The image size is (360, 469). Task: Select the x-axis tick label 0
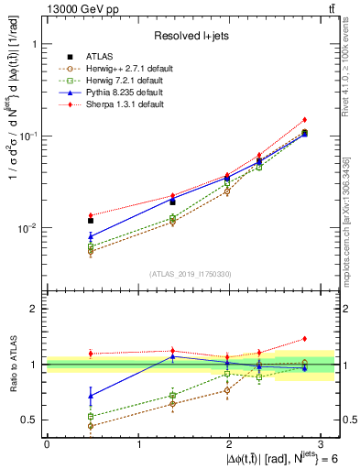coord(47,444)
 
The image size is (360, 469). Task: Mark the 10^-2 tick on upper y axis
coord(27,228)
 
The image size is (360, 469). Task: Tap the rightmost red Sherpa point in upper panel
coord(304,120)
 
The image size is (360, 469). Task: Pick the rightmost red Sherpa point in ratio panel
coord(304,339)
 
